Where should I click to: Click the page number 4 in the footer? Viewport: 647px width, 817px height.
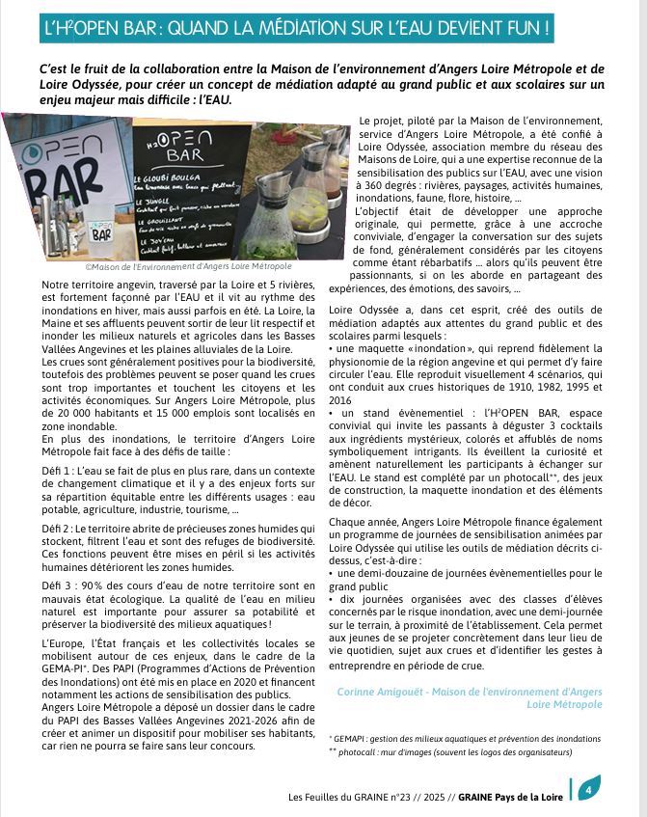[588, 788]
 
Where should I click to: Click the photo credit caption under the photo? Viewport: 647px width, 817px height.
[174, 265]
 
